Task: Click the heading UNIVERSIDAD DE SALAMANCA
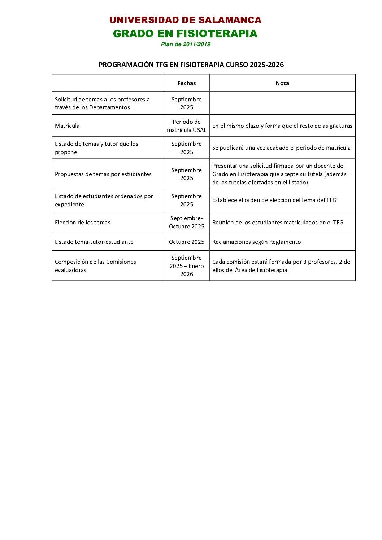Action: point(185,20)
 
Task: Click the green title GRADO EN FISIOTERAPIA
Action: point(185,34)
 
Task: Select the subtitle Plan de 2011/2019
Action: point(186,44)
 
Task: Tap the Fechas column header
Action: point(187,83)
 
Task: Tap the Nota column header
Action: point(282,83)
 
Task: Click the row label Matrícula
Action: point(67,126)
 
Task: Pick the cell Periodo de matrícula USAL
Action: point(187,126)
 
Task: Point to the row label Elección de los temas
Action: point(83,223)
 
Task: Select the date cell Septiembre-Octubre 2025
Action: point(187,222)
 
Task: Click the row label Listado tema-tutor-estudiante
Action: point(94,242)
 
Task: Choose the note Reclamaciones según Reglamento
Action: point(256,242)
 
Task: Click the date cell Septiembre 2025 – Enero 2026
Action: point(187,266)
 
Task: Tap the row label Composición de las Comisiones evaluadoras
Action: point(95,266)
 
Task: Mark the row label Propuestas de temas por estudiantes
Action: point(103,174)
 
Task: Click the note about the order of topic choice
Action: point(274,200)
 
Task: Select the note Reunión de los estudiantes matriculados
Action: point(278,223)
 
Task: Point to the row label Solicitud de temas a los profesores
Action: point(102,104)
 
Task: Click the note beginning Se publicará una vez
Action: point(281,148)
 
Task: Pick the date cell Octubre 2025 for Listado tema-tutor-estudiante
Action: point(187,242)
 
